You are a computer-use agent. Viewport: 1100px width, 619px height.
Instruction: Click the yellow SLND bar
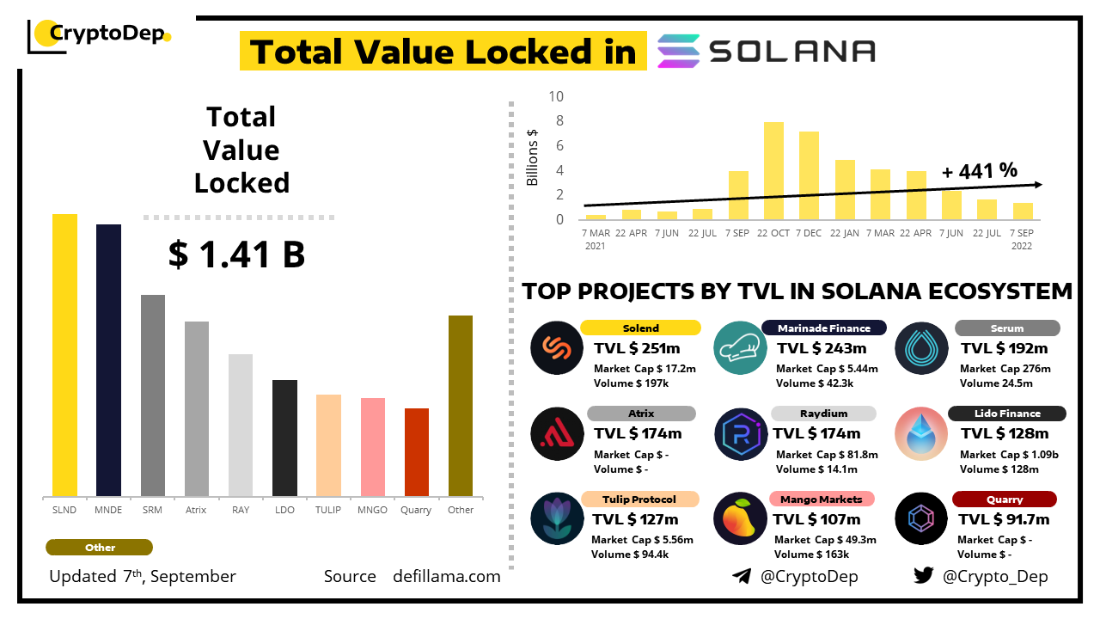[64, 354]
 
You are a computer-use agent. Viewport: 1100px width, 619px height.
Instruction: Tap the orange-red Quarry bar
[417, 451]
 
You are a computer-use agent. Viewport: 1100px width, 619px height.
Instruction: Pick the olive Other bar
[461, 405]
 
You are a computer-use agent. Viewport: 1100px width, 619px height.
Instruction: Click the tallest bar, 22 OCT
[773, 170]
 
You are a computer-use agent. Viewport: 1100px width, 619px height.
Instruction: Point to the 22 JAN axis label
[845, 233]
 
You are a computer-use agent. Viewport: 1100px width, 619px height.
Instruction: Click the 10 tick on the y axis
[555, 96]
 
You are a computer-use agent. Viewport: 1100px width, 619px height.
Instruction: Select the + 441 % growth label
[980, 170]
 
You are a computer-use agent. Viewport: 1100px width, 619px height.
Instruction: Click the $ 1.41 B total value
[237, 254]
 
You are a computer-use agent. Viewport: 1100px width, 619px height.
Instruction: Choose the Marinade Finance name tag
[823, 328]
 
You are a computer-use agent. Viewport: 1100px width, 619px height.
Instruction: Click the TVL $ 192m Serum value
[1004, 348]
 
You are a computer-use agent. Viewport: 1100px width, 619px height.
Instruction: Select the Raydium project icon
[740, 434]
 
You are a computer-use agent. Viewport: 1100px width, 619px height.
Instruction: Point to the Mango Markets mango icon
[739, 519]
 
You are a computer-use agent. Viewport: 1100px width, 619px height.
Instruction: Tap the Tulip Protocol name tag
[639, 499]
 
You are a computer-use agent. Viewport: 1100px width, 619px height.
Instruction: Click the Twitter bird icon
[923, 576]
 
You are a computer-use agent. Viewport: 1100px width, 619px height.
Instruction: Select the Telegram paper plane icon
[741, 576]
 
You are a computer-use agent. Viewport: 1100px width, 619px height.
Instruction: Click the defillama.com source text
[446, 576]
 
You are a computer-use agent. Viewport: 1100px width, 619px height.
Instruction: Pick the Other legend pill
[100, 548]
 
